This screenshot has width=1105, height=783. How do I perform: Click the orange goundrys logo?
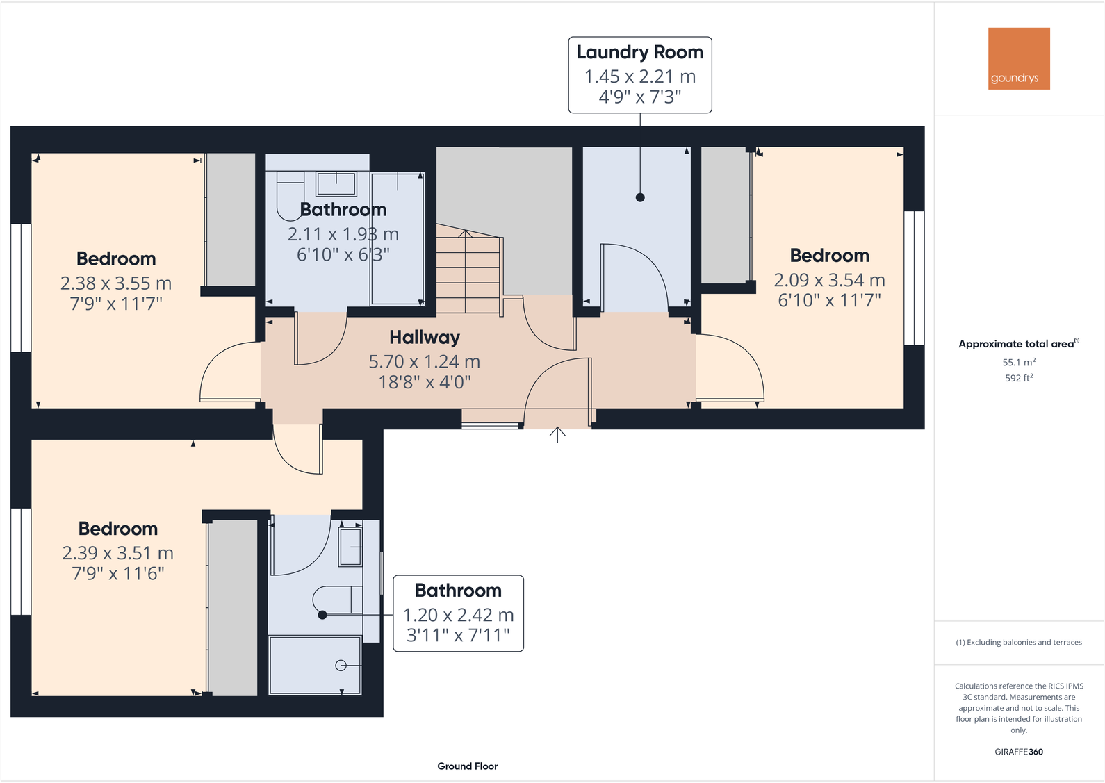(1018, 58)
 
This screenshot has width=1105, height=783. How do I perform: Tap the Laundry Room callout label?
(639, 74)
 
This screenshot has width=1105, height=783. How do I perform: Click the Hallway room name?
(424, 338)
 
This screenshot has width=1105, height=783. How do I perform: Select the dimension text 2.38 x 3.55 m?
(115, 283)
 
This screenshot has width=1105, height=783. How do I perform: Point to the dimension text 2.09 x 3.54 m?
(829, 280)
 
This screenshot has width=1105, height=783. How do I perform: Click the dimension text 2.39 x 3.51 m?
(117, 553)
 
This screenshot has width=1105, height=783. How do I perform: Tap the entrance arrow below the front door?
(557, 434)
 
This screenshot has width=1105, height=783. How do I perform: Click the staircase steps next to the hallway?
(468, 271)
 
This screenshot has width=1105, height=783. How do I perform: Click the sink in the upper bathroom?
(336, 184)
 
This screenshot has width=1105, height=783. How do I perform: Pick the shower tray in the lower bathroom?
(315, 665)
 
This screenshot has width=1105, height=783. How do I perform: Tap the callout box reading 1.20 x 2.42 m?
(458, 613)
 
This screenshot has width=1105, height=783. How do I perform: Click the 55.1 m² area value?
(1018, 362)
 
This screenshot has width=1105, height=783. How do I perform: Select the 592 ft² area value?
(1018, 378)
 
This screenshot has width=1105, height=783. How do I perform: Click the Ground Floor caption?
(467, 766)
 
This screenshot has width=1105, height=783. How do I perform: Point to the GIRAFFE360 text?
(1018, 752)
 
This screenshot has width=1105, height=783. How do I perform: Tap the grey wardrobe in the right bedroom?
(724, 215)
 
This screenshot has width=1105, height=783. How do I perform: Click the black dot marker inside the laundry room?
(640, 197)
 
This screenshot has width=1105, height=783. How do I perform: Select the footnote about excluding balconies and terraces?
(1018, 642)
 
